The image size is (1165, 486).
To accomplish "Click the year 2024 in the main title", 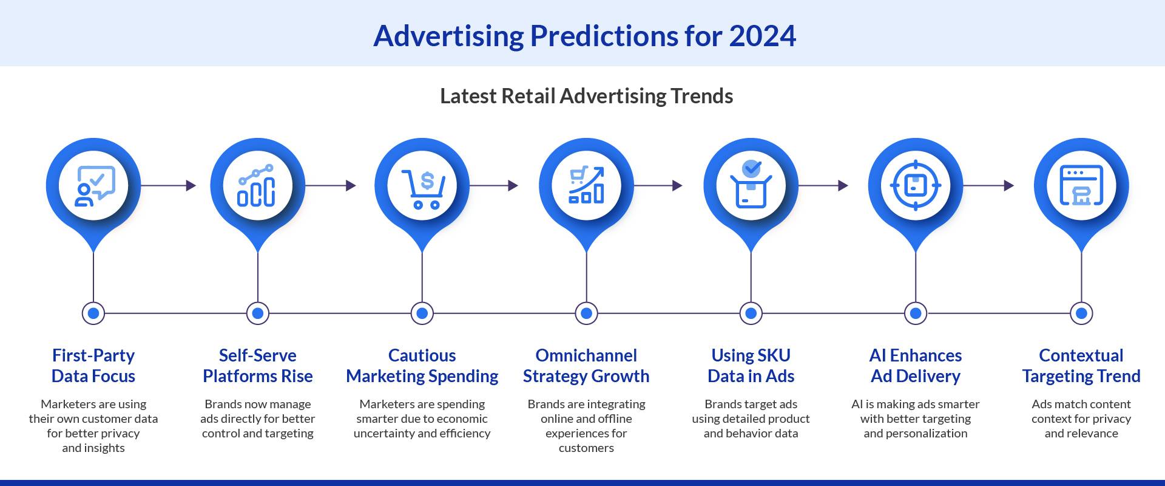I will pos(762,36).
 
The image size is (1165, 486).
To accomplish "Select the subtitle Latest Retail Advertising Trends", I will pos(586,96).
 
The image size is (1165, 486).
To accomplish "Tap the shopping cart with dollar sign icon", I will pos(422,187).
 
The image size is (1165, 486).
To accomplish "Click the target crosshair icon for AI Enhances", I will pos(916,185).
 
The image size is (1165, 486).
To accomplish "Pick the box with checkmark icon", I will pos(751,185).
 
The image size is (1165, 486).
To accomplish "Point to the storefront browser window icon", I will pos(1081,185).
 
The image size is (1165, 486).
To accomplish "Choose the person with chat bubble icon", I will pos(93,185).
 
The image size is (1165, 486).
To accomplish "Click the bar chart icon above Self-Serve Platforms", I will pos(257,185).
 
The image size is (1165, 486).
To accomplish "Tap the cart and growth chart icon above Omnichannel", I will pos(586,185).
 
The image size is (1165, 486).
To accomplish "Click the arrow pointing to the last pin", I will pos(989,185).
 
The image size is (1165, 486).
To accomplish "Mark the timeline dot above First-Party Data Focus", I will pos(93,313).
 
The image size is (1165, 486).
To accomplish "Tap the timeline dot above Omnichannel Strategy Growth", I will pos(586,313).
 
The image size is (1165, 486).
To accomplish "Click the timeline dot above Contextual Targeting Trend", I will pos(1081,313).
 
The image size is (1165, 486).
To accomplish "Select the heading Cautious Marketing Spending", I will pos(422,366).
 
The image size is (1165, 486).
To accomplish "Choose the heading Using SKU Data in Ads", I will pos(751,366).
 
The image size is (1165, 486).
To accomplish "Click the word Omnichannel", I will pos(586,355).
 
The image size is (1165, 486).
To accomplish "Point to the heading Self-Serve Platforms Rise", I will pos(258,366).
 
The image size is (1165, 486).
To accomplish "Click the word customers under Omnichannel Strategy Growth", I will pos(586,448).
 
